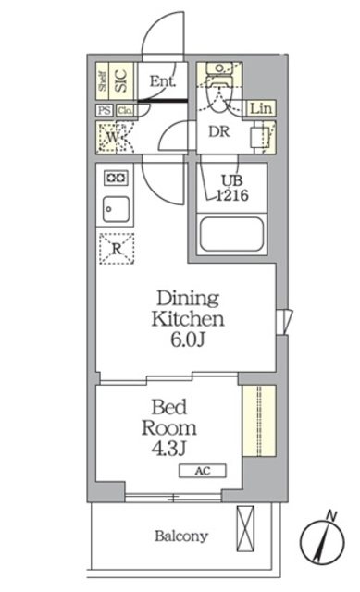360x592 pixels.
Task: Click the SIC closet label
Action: pyautogui.click(x=120, y=80)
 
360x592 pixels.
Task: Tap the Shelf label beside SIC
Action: pyautogui.click(x=103, y=80)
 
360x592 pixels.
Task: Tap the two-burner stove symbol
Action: pyautogui.click(x=115, y=177)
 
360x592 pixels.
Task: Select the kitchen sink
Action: pyautogui.click(x=115, y=208)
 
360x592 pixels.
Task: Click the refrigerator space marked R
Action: pyautogui.click(x=117, y=248)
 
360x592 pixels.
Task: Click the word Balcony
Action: pyautogui.click(x=180, y=536)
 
